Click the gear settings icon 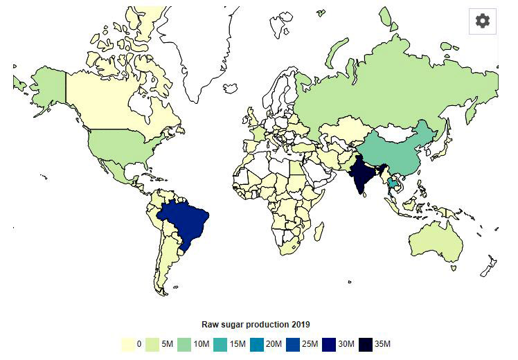[483, 21]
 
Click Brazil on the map [185, 221]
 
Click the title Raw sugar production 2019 [256, 324]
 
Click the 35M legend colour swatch [366, 343]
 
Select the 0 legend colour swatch [127, 343]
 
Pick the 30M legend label [348, 343]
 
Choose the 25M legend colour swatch [298, 343]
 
